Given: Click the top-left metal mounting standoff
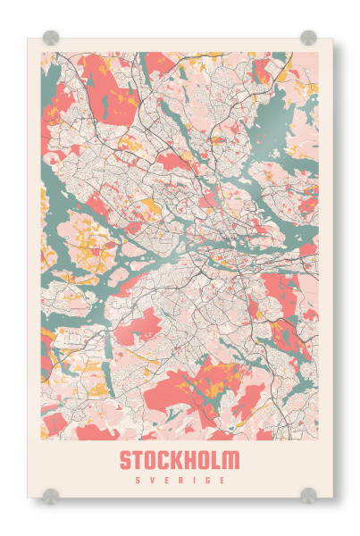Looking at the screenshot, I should [51, 38].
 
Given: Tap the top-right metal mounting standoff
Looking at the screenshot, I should [308, 38].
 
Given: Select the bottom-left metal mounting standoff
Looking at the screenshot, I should [51, 495].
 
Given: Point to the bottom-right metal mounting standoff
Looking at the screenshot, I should [308, 495].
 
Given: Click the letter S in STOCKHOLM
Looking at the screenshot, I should [126, 461].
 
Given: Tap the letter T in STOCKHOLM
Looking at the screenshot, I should [139, 461].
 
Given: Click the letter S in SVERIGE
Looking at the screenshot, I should [137, 480].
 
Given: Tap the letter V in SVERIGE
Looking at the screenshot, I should [151, 480].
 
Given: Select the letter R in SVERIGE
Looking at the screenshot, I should [180, 480].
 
